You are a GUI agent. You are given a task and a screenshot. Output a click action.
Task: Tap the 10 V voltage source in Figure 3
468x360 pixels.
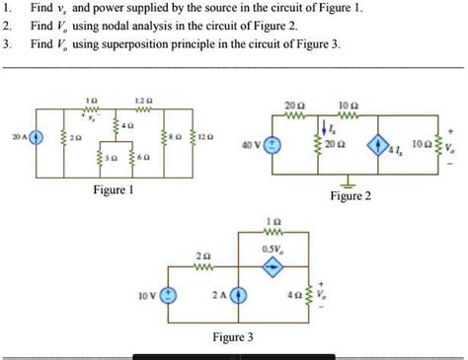(x=170, y=294)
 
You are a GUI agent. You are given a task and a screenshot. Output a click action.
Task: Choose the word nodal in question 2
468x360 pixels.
(x=120, y=27)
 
